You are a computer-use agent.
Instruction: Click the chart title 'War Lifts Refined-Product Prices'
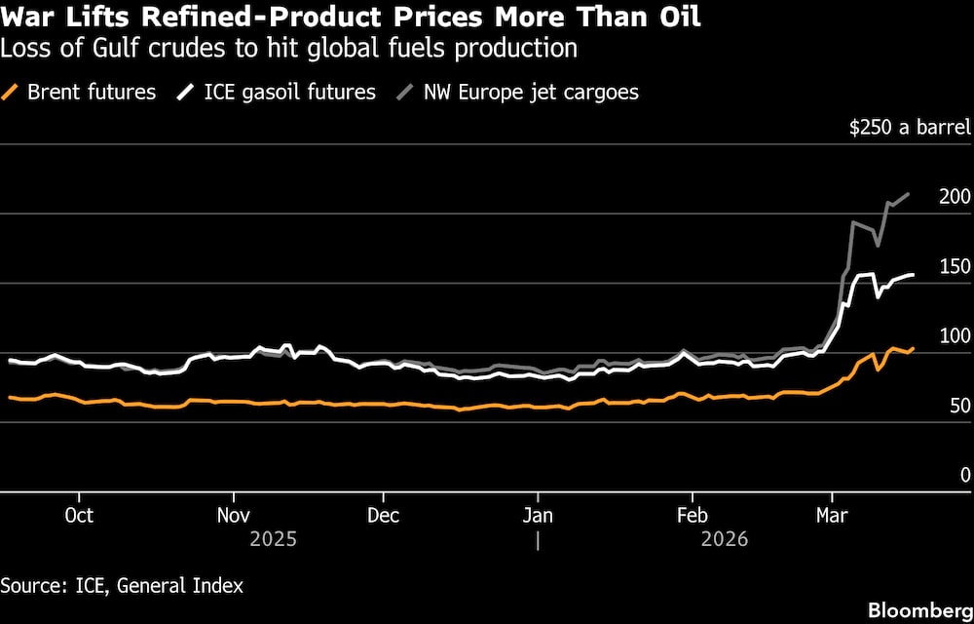tap(350, 17)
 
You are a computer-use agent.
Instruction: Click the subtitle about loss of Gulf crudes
tap(289, 48)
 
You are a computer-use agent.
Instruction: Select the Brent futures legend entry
tap(80, 93)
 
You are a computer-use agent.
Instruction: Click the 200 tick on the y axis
tap(954, 197)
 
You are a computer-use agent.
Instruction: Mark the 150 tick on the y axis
tap(954, 267)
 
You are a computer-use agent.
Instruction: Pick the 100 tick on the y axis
tap(954, 336)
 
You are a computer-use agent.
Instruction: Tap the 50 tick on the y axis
tap(958, 406)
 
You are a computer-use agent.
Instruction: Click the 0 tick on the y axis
tap(964, 476)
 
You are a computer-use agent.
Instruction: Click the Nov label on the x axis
tap(232, 515)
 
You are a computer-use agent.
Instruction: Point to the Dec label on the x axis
tap(384, 515)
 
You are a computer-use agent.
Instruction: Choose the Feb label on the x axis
tap(691, 515)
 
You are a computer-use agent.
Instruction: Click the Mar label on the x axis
tap(831, 515)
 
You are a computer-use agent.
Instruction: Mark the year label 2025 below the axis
tap(274, 539)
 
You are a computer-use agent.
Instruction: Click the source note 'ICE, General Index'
tap(122, 586)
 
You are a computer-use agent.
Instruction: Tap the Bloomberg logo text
tap(918, 609)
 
